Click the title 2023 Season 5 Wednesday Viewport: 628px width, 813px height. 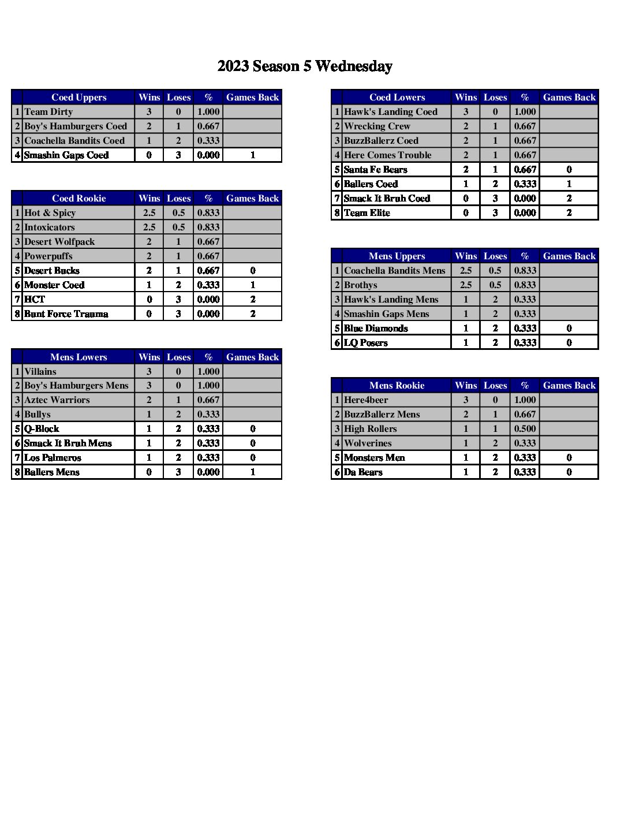305,66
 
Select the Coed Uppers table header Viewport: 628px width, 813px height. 78,98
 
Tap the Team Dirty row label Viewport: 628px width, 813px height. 48,112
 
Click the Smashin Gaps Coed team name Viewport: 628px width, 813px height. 66,155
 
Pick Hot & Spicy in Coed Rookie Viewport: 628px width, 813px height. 50,213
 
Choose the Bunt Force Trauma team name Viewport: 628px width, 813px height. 66,314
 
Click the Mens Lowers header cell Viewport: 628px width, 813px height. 78,357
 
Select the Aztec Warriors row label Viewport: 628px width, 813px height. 57,400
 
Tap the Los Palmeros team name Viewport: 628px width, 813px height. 53,458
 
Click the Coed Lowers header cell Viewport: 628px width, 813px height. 397,98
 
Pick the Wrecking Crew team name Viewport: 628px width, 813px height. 377,126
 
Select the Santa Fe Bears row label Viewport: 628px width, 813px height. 375,170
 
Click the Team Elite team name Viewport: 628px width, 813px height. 367,213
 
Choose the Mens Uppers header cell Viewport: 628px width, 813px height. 397,256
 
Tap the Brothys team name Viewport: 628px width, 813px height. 360,285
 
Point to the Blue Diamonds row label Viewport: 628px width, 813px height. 376,329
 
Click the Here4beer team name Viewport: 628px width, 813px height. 366,400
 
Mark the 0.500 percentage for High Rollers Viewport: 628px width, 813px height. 525,429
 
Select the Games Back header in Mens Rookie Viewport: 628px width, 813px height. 569,386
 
